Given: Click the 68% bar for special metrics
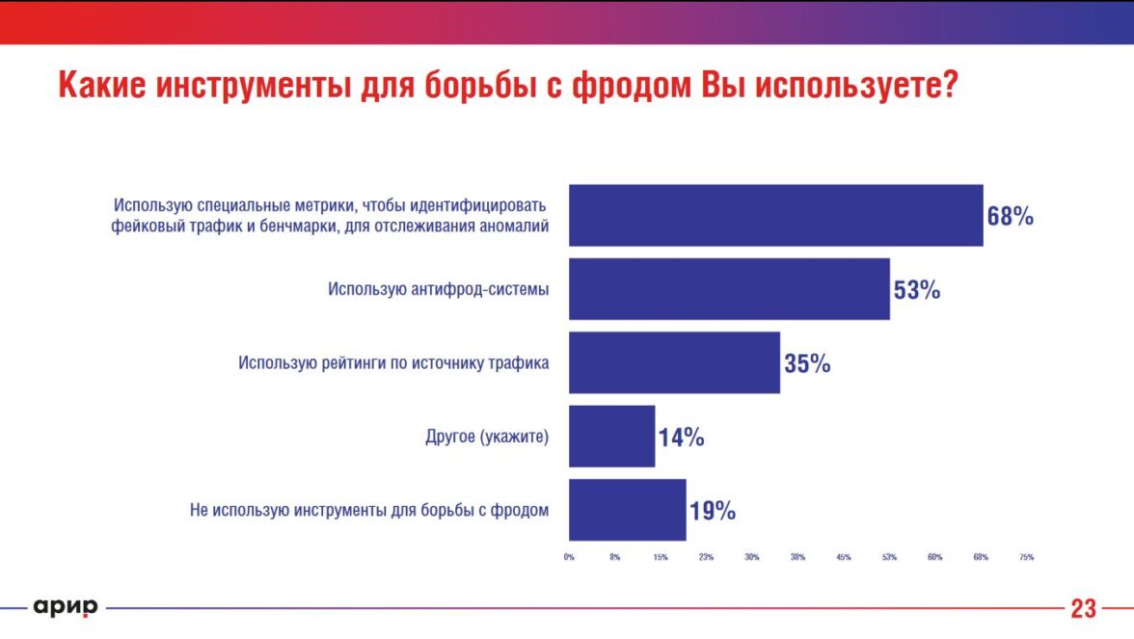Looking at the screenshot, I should (775, 215).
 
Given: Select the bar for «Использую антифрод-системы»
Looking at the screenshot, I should (729, 288).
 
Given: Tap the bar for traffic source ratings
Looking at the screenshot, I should (674, 362).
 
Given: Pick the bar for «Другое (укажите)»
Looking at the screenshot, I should (611, 436).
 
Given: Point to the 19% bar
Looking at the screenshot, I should (627, 510).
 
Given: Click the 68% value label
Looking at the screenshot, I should (1010, 216).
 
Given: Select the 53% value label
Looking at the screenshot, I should (916, 289).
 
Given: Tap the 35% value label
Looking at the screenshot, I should (807, 363).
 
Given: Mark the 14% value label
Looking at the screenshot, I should (681, 438).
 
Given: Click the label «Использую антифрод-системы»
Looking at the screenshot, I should (438, 289).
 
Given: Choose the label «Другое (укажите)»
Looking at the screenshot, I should (486, 437).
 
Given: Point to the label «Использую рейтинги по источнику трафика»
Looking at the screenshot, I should (393, 363).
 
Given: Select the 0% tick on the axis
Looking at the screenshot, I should (569, 557).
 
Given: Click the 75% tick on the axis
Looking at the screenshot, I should (1026, 557).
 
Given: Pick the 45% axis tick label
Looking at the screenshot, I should (844, 557).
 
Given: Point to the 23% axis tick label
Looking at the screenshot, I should (706, 557).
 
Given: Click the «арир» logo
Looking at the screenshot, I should (67, 607).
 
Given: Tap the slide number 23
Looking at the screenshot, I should (1083, 609).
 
